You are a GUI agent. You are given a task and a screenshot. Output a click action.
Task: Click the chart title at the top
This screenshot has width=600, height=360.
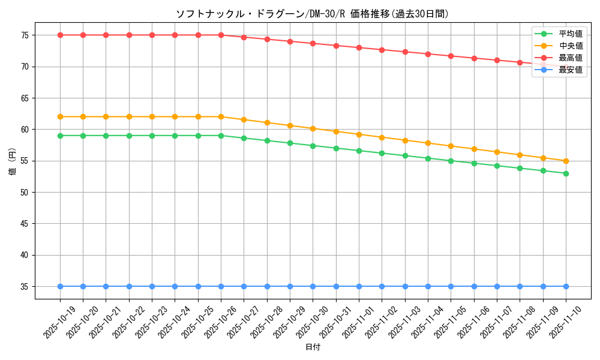[x=312, y=14]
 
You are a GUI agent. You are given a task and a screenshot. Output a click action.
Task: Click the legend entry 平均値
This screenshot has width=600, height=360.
[x=570, y=34]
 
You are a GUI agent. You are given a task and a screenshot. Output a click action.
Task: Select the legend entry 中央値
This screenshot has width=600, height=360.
[x=570, y=46]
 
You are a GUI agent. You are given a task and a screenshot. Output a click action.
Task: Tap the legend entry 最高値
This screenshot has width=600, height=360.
[x=570, y=58]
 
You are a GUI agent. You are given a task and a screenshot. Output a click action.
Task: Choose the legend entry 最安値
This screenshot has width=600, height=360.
[x=570, y=70]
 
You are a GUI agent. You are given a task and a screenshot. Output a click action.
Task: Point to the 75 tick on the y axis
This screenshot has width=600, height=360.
[x=25, y=35]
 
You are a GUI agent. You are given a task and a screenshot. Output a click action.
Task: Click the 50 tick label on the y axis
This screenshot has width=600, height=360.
[x=25, y=193]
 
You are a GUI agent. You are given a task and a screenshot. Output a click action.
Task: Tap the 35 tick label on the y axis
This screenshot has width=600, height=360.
[x=25, y=287]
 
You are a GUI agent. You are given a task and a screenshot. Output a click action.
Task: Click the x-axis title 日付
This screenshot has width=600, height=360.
[x=313, y=347]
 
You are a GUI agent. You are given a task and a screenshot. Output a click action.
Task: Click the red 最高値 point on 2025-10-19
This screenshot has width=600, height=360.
[x=60, y=35]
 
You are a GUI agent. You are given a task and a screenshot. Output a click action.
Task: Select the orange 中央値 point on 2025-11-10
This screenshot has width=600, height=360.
[x=566, y=161]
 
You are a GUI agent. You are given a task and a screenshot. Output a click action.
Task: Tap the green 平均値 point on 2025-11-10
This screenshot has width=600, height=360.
[x=566, y=173]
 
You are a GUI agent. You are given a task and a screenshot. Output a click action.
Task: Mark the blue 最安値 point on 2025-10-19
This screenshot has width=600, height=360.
[x=60, y=286]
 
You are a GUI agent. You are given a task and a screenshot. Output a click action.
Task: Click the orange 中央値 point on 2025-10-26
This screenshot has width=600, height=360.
[x=221, y=116]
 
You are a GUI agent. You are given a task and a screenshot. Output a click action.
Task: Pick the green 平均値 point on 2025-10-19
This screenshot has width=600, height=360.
[x=60, y=136]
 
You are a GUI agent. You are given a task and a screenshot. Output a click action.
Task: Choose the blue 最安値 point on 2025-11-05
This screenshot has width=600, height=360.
[x=451, y=286]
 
